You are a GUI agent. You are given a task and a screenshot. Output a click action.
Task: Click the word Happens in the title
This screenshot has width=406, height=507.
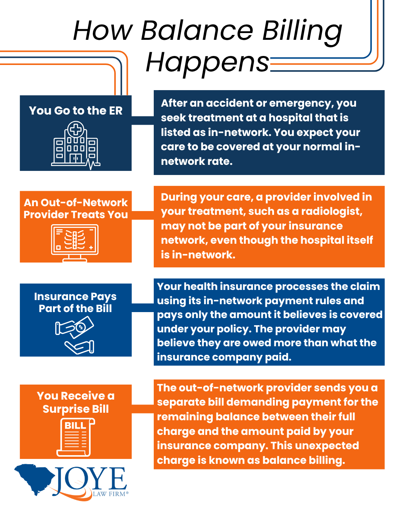[208, 63]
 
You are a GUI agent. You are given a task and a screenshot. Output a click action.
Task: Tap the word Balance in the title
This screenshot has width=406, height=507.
[197, 31]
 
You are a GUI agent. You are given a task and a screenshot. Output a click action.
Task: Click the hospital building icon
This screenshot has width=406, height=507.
[76, 146]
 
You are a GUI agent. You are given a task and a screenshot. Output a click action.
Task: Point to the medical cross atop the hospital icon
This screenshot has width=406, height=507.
[76, 129]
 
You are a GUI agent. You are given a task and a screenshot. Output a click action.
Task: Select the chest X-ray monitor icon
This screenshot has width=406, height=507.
[75, 243]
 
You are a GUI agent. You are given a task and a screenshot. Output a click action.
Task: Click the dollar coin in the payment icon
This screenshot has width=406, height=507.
[81, 327]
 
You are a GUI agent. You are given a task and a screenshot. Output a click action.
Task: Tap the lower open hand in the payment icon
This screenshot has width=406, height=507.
[79, 347]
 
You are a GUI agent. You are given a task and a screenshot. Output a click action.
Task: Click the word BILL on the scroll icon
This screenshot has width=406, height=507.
[75, 426]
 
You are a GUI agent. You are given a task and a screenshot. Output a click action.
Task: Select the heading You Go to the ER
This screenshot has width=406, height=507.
[76, 110]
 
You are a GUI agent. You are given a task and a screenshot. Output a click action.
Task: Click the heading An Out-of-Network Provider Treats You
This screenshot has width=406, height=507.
[76, 208]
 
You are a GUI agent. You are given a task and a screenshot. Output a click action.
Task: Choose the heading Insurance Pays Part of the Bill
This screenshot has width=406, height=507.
[76, 302]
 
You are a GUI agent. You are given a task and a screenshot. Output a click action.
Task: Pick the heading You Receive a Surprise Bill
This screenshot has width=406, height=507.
[76, 402]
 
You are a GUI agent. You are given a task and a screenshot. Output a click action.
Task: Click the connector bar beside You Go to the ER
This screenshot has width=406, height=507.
[142, 121]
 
